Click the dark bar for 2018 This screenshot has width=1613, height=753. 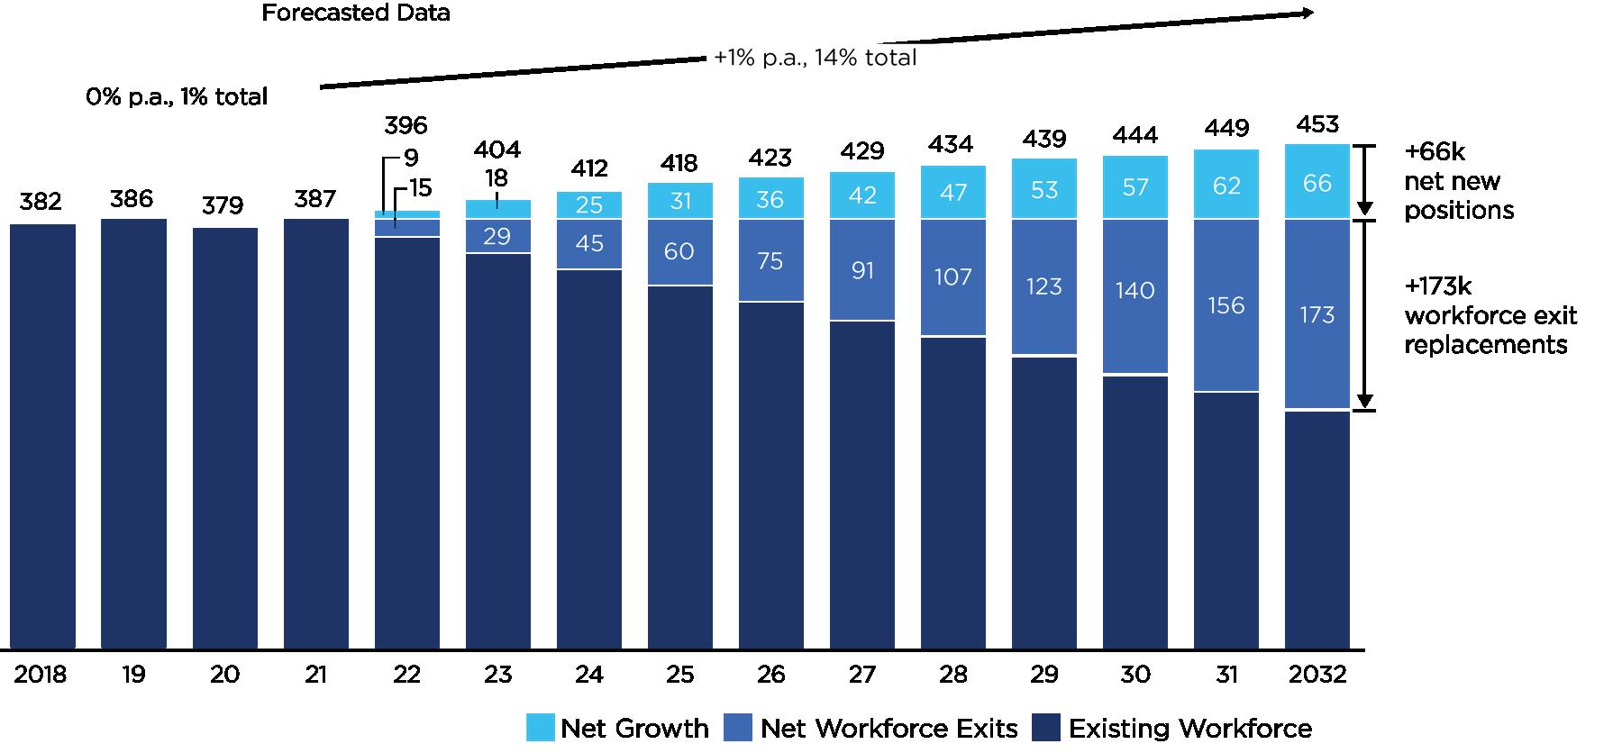point(42,436)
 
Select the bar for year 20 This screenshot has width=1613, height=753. point(224,438)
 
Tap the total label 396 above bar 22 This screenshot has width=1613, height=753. point(406,125)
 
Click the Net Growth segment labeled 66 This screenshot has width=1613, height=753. point(1317,183)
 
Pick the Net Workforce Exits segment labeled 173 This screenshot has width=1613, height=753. point(1317,314)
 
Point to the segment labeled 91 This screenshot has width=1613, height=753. point(862,270)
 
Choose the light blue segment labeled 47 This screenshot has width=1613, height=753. point(953,192)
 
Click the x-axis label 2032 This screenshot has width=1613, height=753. point(1317,675)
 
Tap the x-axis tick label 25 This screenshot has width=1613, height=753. point(680,675)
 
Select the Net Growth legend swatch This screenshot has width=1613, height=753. point(540,728)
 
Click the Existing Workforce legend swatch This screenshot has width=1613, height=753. point(1046,728)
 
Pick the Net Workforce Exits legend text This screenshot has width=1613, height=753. point(889,728)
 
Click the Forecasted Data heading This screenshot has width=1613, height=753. point(356,14)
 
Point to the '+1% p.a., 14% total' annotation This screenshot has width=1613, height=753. point(815,59)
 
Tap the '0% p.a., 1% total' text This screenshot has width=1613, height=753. point(177,96)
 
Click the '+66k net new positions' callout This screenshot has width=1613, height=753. point(1458,181)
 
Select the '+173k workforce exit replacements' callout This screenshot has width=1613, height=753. point(1490,315)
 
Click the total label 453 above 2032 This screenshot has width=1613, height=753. point(1317,124)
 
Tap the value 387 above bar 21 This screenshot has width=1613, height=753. point(315,198)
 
